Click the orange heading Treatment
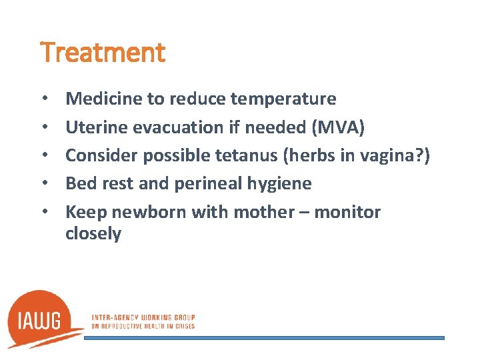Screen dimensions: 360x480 [103, 53]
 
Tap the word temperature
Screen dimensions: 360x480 [283, 99]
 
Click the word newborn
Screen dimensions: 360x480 [149, 212]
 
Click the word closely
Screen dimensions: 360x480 [93, 234]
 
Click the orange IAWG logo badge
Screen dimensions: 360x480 [43, 319]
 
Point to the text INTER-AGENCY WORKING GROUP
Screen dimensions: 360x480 [143, 317]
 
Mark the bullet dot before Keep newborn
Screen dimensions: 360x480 [43, 213]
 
